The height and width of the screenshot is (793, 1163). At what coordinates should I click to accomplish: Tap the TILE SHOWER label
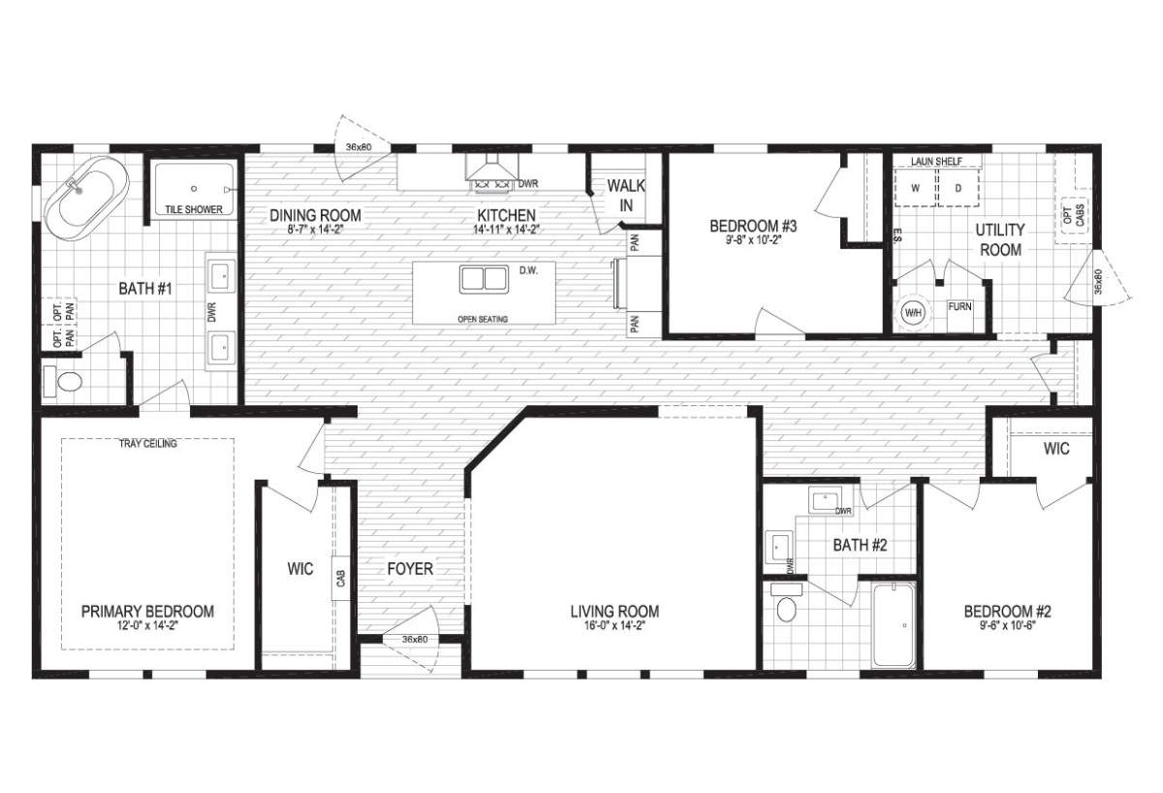[x=194, y=209]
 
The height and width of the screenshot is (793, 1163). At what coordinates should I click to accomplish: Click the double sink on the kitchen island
[x=484, y=279]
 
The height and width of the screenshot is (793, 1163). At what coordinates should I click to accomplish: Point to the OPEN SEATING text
[x=483, y=319]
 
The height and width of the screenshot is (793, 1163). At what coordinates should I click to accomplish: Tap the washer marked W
[x=915, y=188]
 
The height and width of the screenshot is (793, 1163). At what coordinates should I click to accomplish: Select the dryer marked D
[x=959, y=188]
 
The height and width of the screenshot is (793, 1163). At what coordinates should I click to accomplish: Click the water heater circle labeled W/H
[x=913, y=312]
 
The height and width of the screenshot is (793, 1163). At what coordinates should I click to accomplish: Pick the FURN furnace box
[x=960, y=316]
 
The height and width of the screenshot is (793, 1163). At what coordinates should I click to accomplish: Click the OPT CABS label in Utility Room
[x=1074, y=216]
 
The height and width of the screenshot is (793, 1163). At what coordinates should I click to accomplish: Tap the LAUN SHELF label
[x=936, y=162]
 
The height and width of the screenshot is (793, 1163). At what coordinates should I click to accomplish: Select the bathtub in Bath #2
[x=894, y=625]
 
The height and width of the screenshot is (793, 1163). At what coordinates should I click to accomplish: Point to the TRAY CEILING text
[x=148, y=444]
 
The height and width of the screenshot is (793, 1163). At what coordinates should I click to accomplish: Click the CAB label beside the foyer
[x=340, y=579]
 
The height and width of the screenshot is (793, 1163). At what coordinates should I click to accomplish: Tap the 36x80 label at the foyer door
[x=415, y=639]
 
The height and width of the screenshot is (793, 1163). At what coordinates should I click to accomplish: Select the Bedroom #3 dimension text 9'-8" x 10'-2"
[x=753, y=240]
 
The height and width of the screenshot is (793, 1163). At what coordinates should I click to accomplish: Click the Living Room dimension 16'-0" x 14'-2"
[x=614, y=626]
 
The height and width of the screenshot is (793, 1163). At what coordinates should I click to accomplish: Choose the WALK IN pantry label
[x=626, y=196]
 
